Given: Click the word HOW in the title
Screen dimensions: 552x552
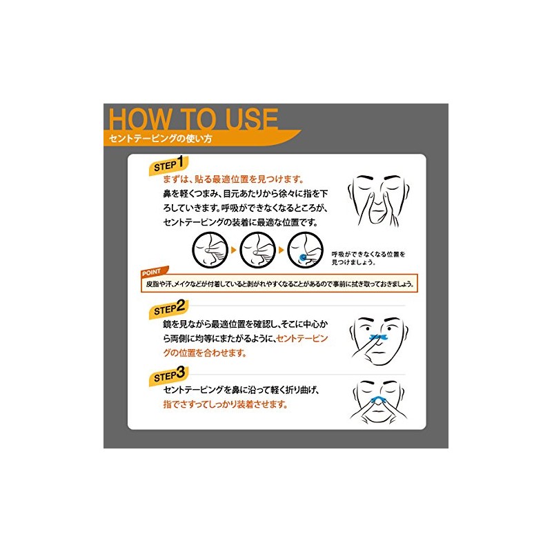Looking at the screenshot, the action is click(139, 119).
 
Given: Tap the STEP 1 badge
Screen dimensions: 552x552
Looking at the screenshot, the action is click(169, 165).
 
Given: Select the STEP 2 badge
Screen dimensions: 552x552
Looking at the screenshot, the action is click(169, 308).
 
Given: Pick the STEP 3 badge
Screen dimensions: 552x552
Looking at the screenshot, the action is click(169, 375).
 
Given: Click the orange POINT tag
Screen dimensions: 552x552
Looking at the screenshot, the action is click(154, 272).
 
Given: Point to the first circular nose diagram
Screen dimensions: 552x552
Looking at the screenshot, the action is click(210, 250).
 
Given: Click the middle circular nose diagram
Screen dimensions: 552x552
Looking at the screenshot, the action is click(257, 250).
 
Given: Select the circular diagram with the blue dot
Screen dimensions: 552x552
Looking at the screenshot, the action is click(305, 250).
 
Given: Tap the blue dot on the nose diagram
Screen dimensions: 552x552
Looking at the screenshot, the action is click(302, 257).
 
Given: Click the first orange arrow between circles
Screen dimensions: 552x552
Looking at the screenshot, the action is click(233, 250).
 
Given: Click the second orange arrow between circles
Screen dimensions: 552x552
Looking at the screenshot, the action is click(281, 250).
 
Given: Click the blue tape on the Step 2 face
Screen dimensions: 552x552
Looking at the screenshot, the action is click(378, 337).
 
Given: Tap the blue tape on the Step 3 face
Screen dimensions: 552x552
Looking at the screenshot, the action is click(377, 400).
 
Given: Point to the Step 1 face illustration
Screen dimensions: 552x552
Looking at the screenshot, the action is click(379, 201).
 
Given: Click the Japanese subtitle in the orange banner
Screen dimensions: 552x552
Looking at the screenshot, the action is click(161, 139).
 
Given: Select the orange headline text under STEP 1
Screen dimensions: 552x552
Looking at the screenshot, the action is click(233, 179).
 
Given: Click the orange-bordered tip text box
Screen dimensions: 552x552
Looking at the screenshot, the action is click(279, 284).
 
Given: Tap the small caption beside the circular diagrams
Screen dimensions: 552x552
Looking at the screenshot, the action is click(368, 258).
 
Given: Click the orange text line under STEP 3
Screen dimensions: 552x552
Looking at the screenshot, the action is click(226, 404).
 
